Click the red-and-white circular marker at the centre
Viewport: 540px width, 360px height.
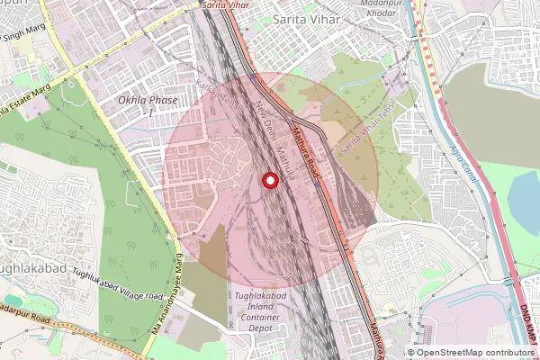tap(269, 181)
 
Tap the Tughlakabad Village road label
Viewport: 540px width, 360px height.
tap(117, 285)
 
